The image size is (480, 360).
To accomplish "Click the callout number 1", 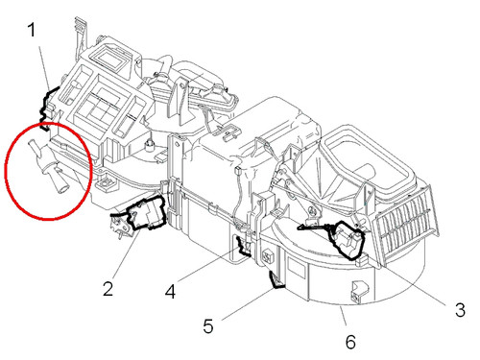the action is coord(32,31).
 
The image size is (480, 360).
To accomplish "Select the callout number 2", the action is coord(108,289).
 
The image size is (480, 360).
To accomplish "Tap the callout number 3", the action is coord(460,310).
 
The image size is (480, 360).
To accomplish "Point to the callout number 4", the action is coord(170,292).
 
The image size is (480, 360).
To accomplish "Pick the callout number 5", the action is coord(208,326).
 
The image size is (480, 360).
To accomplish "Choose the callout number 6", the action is coord(350,342).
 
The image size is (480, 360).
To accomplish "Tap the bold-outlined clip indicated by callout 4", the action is coord(244,246).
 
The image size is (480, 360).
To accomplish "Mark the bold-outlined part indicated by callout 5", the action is coord(276,280).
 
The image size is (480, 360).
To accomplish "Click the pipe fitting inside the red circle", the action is coord(48,166).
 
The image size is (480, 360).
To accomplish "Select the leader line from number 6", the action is coord(343,316).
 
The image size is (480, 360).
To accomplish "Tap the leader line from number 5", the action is coord(249,303).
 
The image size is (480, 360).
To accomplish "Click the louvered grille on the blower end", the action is coord(407,223).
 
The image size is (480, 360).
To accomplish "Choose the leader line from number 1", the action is coord(44,68).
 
